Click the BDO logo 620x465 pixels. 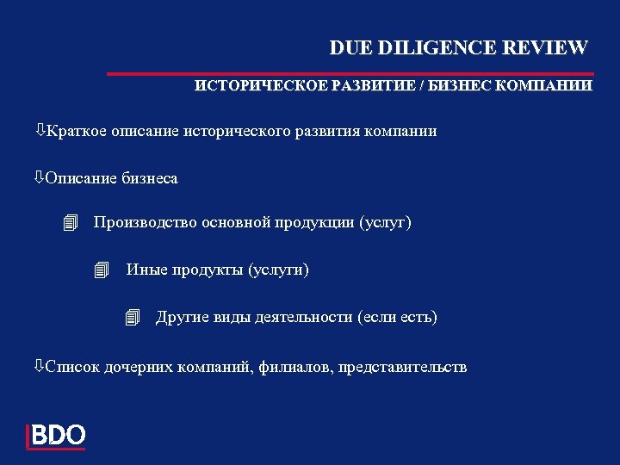(x=56, y=435)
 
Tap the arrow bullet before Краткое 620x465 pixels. (x=40, y=131)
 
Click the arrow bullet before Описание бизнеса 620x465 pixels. (x=40, y=178)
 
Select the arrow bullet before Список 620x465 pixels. (x=40, y=367)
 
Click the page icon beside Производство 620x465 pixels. (x=71, y=224)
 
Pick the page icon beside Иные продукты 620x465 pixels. (x=102, y=271)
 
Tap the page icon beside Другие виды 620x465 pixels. (x=132, y=318)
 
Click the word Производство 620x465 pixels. (x=146, y=223)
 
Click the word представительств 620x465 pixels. (x=403, y=368)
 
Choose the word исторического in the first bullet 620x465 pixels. (x=233, y=132)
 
